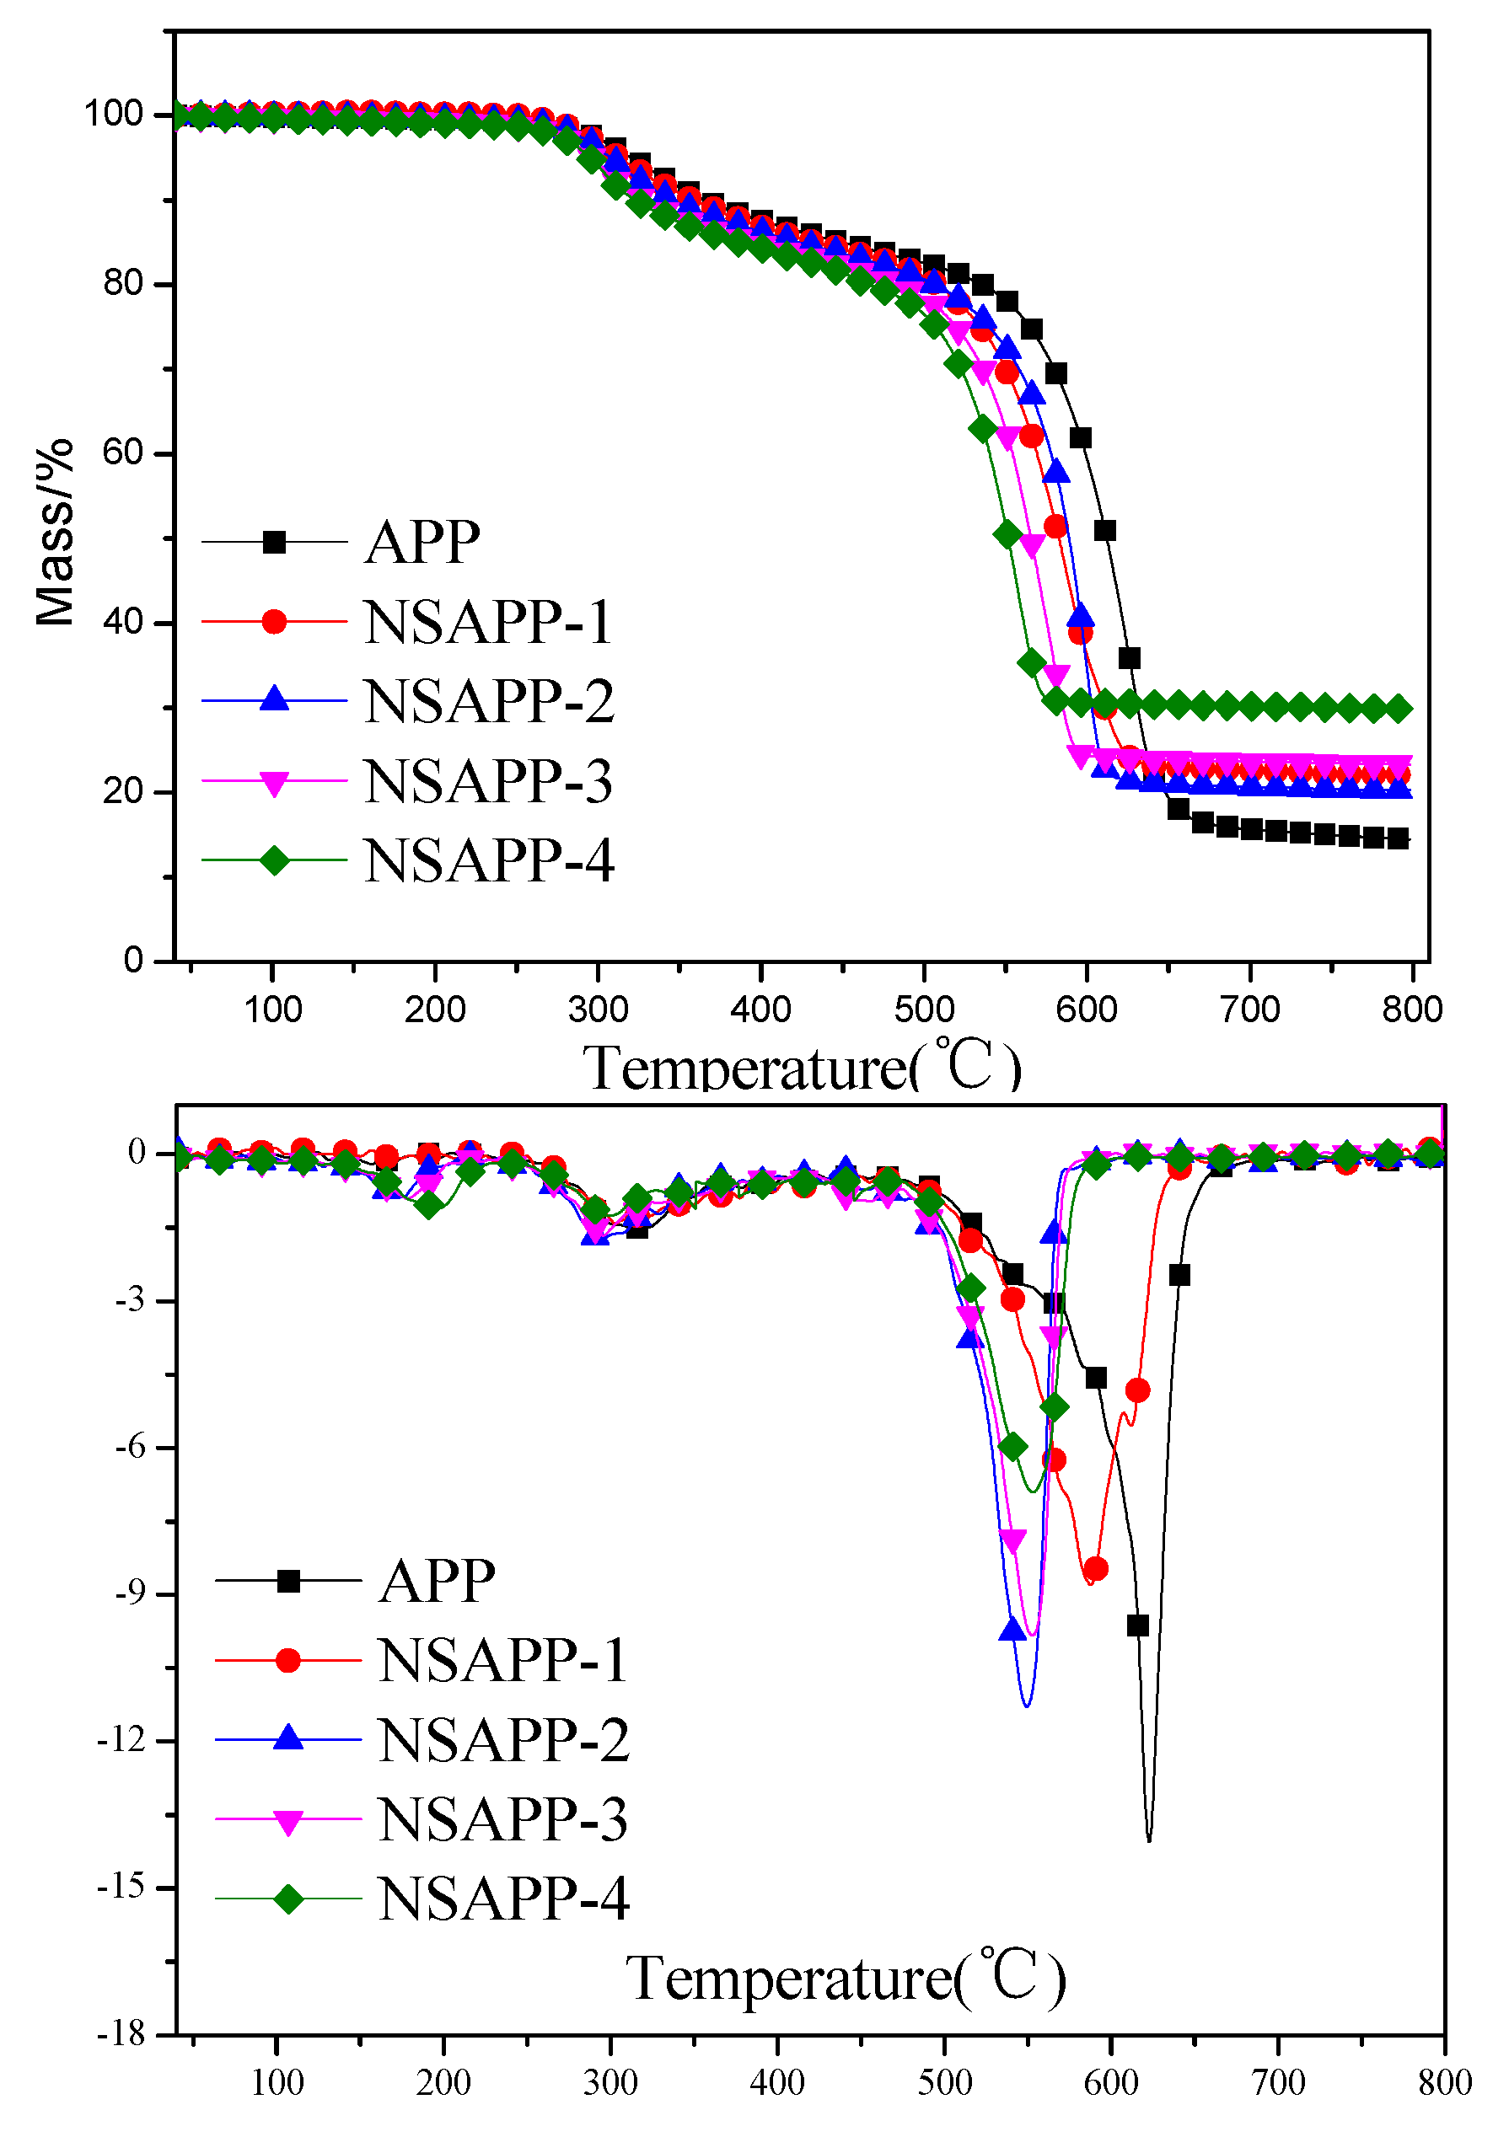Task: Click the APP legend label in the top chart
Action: [x=422, y=542]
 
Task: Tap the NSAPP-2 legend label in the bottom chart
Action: [x=503, y=1739]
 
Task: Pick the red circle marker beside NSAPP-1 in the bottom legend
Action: [x=288, y=1660]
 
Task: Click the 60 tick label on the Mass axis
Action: [x=122, y=453]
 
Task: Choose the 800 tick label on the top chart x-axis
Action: [x=1411, y=1009]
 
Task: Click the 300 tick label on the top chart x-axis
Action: [x=598, y=1009]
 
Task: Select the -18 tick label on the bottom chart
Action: [x=123, y=2035]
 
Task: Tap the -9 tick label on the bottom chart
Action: [x=131, y=1593]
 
